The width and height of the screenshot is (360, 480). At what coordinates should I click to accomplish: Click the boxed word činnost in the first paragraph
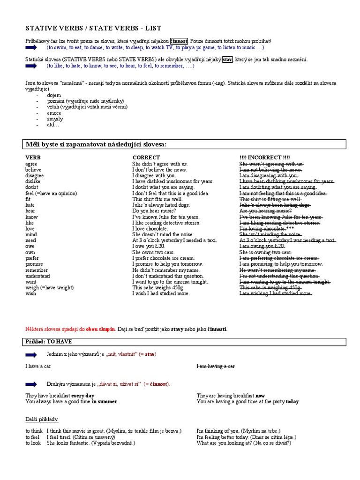(179, 41)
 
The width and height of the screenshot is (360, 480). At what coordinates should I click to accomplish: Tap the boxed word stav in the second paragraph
(227, 60)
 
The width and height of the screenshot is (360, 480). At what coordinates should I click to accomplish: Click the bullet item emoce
(54, 113)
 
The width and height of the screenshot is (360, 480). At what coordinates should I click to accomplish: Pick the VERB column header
(33, 157)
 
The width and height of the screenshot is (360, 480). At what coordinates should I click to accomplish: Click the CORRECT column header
(146, 157)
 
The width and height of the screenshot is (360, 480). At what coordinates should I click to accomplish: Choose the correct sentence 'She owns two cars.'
(154, 252)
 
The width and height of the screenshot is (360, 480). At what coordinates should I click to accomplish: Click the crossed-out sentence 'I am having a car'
(216, 366)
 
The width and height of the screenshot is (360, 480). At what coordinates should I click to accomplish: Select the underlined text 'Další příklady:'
(42, 419)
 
